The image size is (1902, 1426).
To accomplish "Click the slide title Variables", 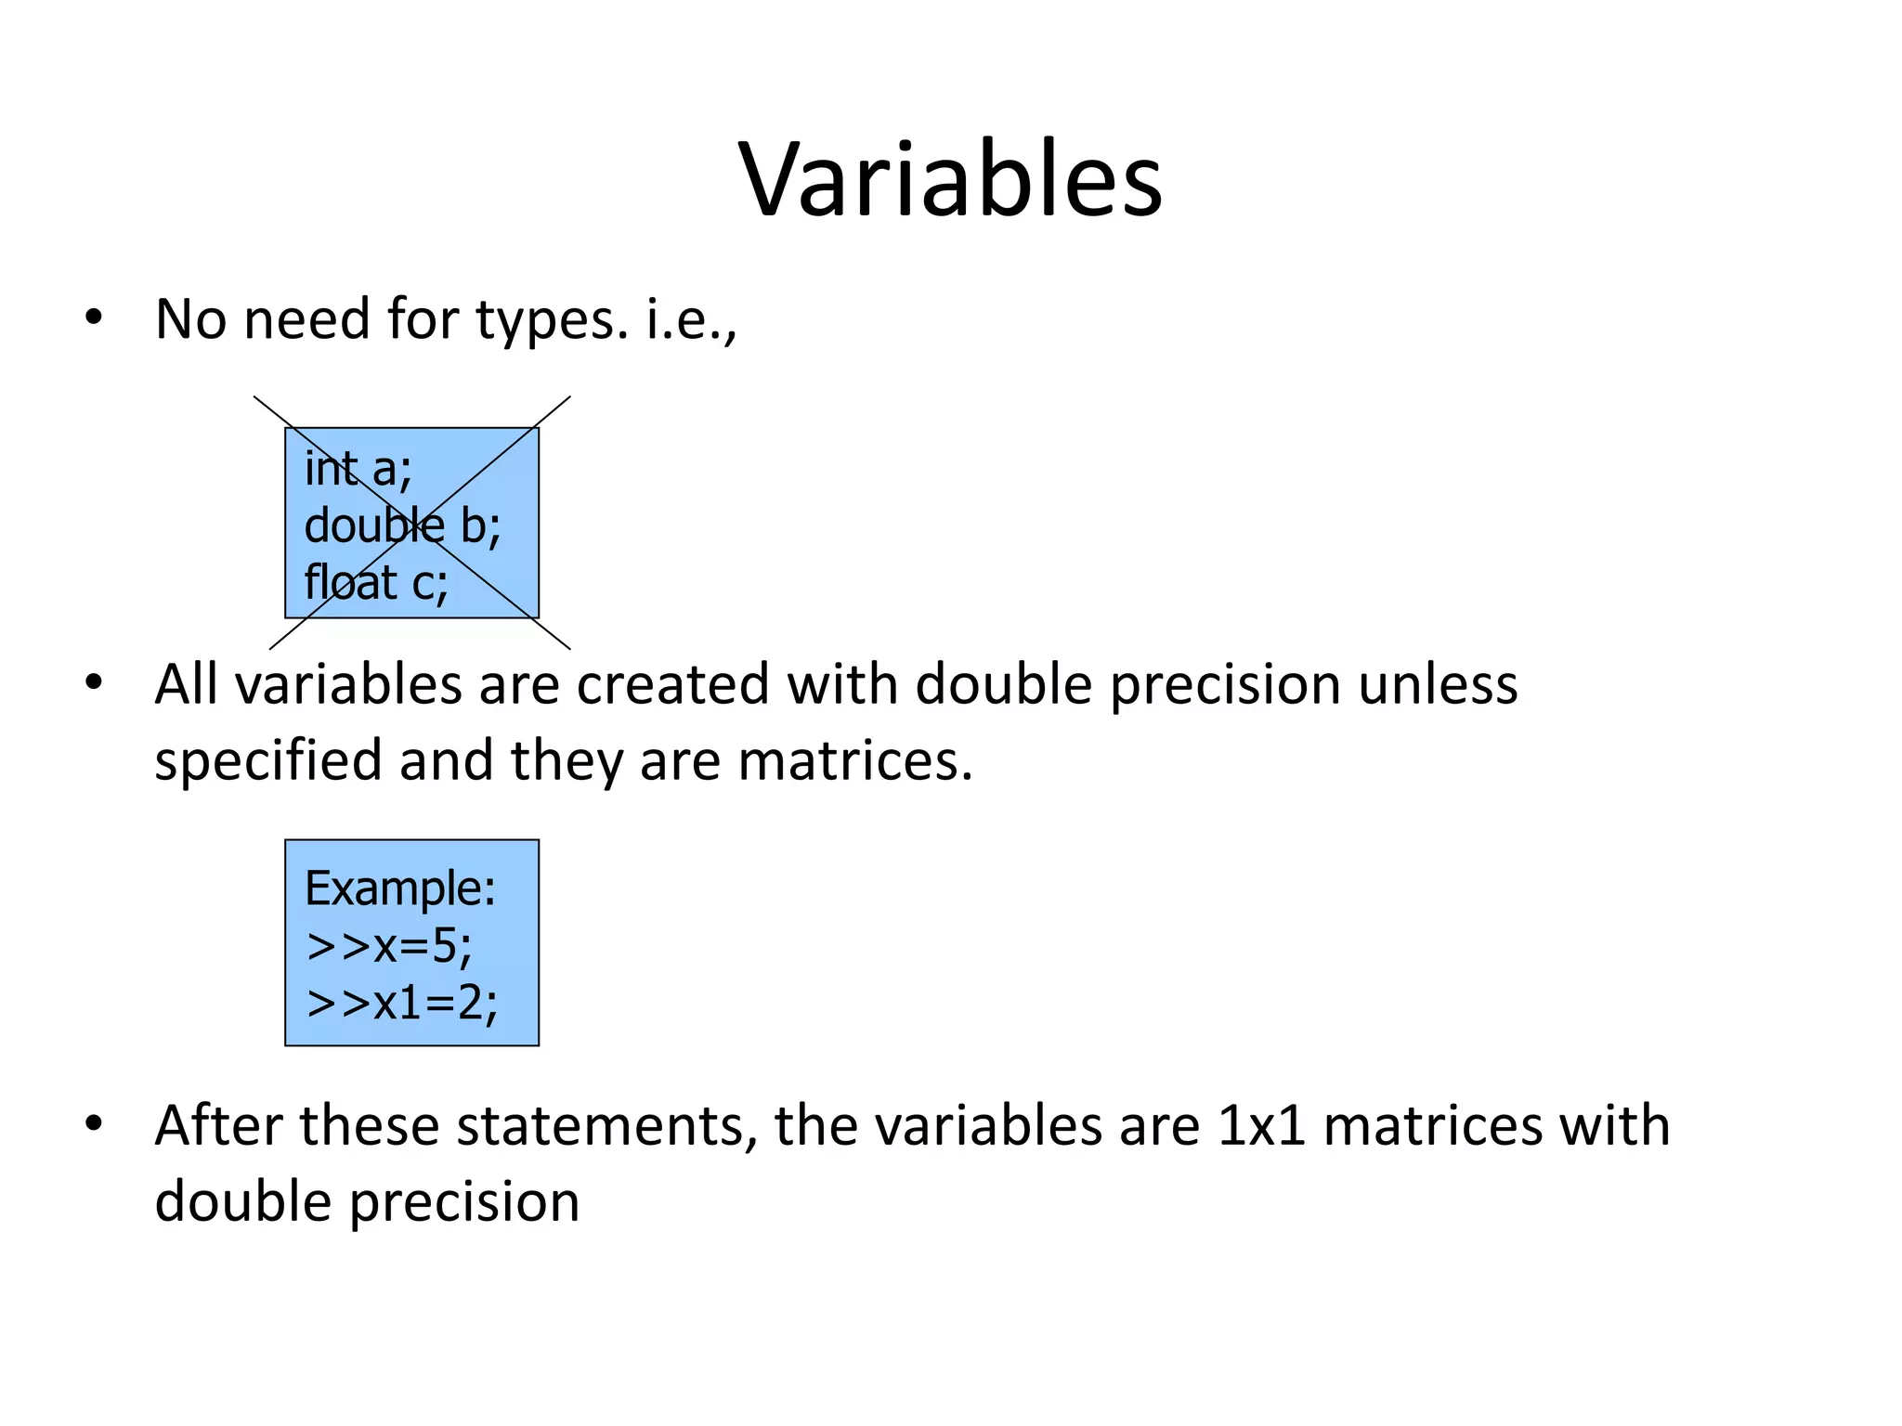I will [x=950, y=178].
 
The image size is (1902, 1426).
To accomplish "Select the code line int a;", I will [x=358, y=468].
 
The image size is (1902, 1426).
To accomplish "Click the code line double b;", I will [x=402, y=525].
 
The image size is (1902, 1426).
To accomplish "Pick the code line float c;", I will [x=376, y=583].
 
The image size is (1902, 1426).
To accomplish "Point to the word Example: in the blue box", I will [x=400, y=888].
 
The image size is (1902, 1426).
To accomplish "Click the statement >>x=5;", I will [x=389, y=946].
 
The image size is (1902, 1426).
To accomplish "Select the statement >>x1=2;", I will [x=402, y=1003].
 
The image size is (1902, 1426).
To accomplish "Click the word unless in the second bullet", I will [x=1438, y=685].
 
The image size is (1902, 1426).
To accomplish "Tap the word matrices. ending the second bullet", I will [x=855, y=761].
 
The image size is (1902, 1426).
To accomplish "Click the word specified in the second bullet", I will [x=268, y=761].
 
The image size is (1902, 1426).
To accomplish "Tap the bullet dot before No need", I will [x=93, y=318].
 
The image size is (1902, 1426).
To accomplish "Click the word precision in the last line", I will [x=464, y=1202].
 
